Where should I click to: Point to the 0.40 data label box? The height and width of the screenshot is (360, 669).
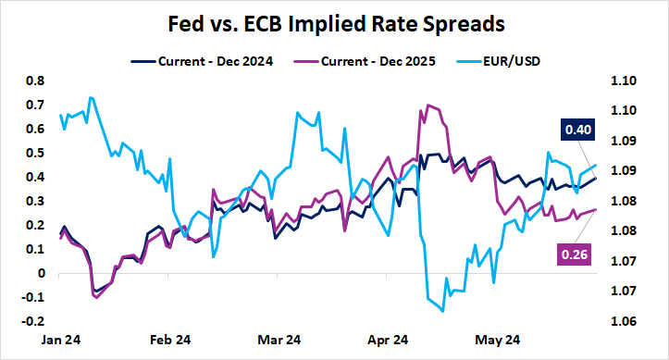coord(578,130)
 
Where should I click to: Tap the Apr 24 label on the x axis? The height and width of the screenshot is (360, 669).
coord(389,341)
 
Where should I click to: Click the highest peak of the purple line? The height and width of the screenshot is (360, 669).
coord(427,105)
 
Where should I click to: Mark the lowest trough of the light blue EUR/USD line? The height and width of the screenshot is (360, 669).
coord(443,312)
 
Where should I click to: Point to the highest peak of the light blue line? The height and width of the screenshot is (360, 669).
coord(91,97)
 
